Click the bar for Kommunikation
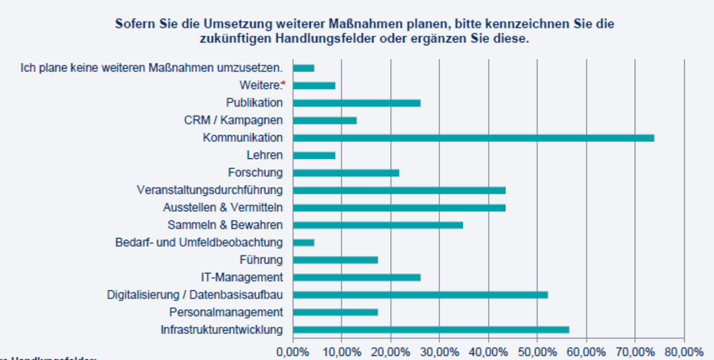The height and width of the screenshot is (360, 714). (473, 137)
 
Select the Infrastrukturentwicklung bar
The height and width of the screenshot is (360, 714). (431, 329)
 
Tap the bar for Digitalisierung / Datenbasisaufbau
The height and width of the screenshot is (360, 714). (420, 295)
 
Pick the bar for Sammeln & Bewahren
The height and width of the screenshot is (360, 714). (378, 225)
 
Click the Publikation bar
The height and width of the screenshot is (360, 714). (356, 103)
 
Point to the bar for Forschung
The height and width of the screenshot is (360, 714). (345, 173)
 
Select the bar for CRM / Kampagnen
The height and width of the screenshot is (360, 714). (325, 121)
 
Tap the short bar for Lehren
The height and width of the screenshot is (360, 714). (314, 155)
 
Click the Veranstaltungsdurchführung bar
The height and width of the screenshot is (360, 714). (398, 190)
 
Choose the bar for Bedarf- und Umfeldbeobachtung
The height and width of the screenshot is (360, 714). (303, 243)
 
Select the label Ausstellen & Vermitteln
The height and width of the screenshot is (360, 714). (223, 207)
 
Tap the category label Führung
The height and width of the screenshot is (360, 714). (261, 259)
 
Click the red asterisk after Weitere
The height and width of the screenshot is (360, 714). (283, 84)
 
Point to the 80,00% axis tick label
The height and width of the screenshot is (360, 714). (683, 351)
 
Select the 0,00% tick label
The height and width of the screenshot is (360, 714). (293, 351)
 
